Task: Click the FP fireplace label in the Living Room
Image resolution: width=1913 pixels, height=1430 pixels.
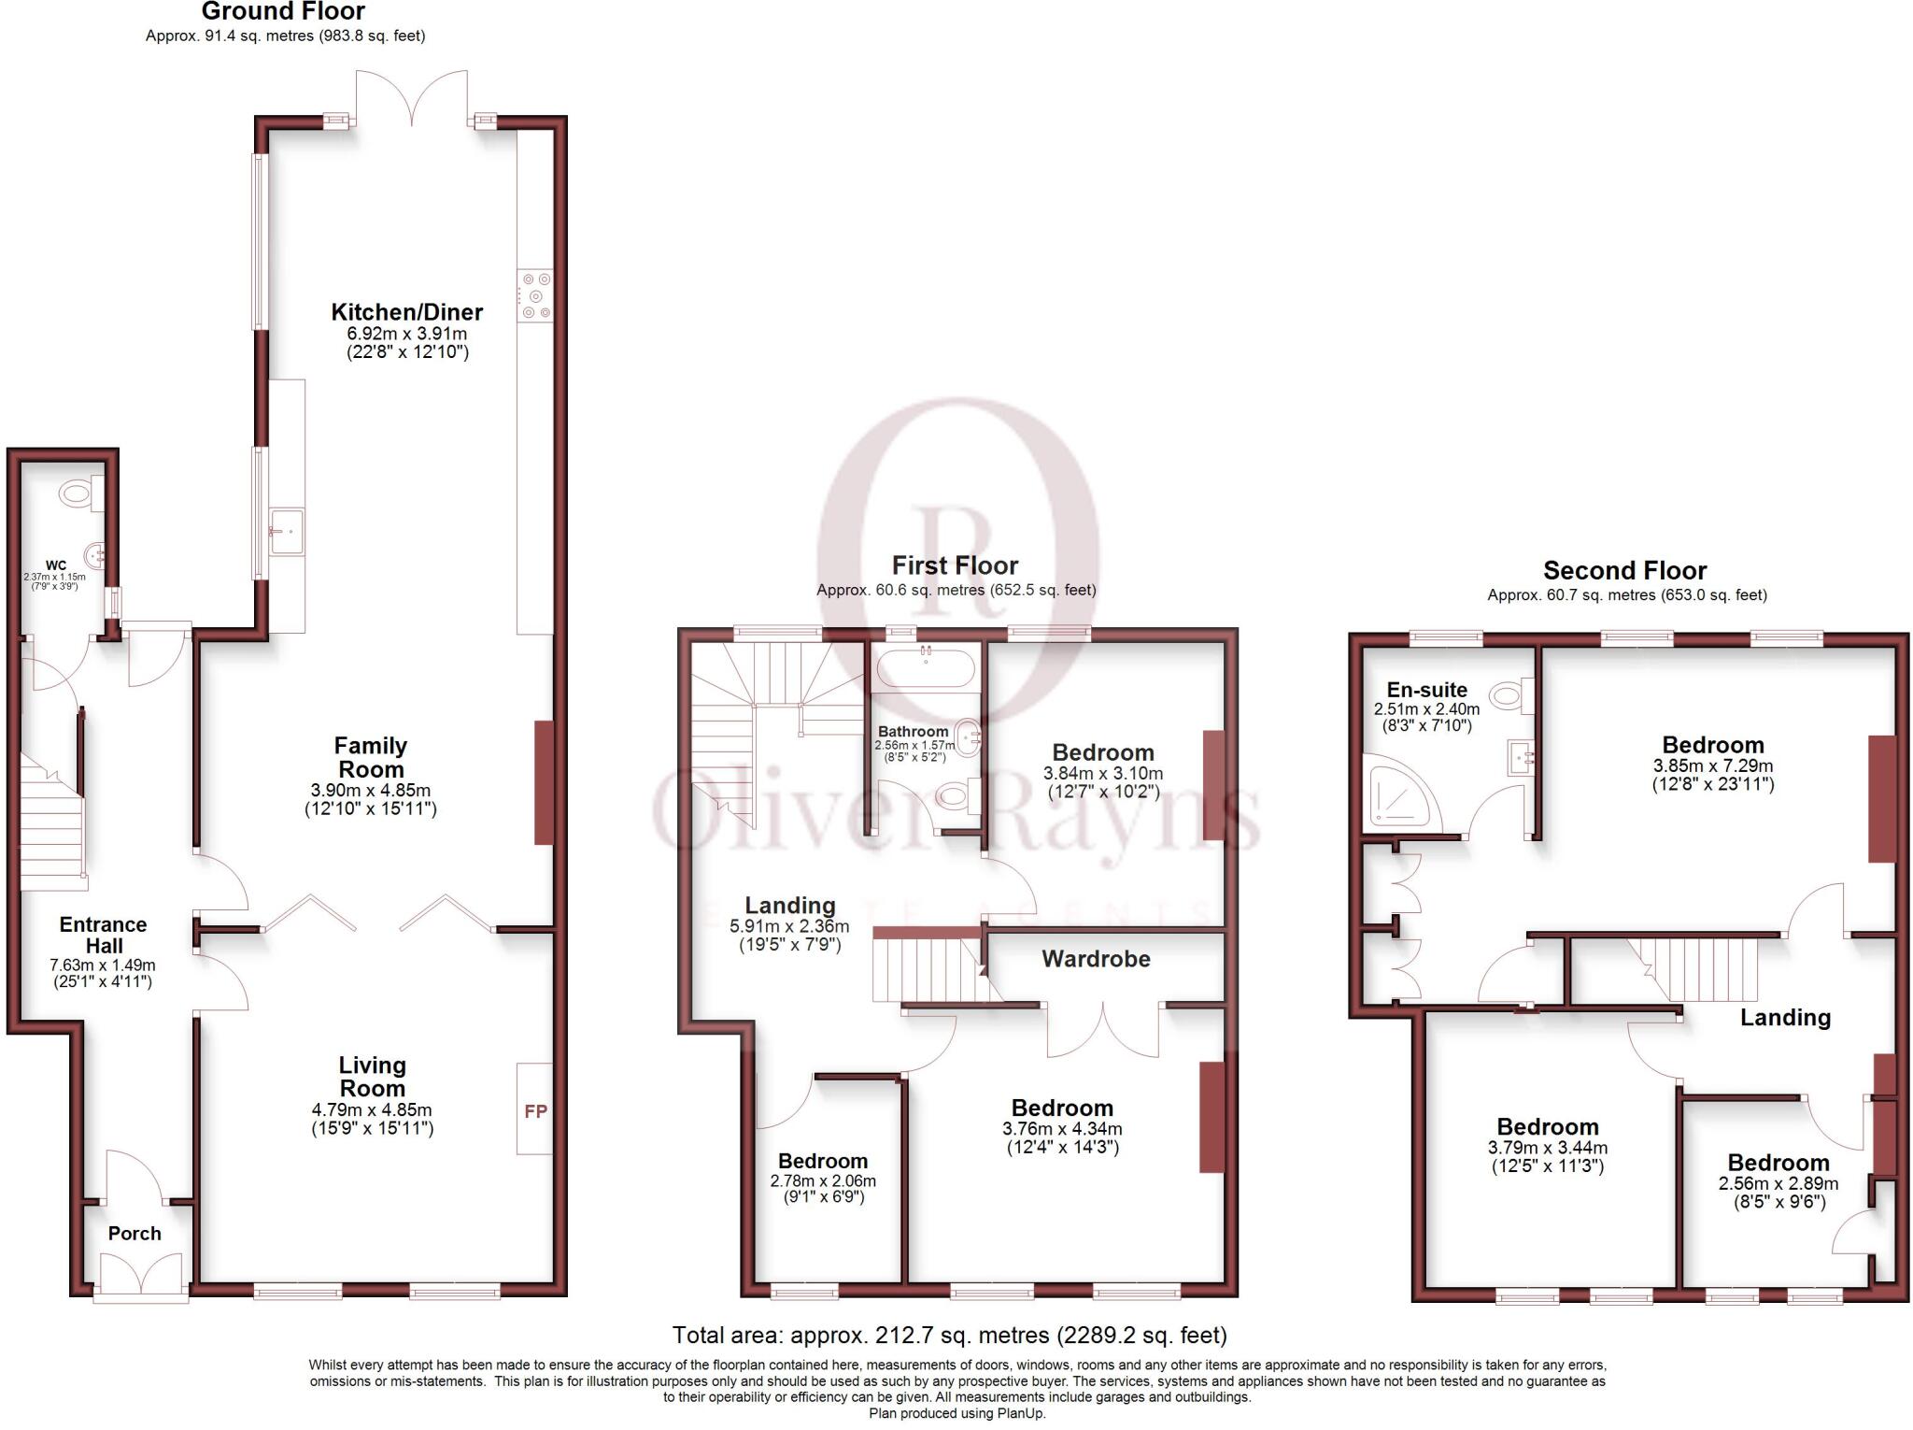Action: click(x=535, y=1111)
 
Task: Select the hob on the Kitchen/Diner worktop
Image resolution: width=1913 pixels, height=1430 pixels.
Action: click(x=535, y=295)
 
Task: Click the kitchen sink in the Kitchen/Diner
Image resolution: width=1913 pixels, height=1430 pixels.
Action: click(x=286, y=532)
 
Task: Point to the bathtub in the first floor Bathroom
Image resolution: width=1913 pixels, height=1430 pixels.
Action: click(x=926, y=669)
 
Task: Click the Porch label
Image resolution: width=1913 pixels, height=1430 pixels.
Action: click(x=135, y=1233)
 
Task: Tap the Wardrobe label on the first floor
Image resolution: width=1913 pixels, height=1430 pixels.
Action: click(x=1096, y=959)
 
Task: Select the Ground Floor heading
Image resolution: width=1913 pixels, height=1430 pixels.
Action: click(x=283, y=11)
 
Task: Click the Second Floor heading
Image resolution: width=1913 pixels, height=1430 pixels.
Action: click(x=1624, y=570)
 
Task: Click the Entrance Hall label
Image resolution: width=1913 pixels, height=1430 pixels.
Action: click(x=104, y=935)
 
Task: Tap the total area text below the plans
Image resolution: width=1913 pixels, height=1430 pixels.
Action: click(x=949, y=1335)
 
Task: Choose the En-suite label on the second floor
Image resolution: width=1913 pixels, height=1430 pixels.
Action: click(x=1426, y=690)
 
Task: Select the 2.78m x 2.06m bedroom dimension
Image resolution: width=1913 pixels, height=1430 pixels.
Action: click(x=823, y=1180)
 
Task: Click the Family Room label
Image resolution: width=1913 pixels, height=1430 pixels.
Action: click(x=371, y=757)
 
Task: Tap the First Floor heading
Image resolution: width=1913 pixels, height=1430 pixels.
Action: click(x=955, y=565)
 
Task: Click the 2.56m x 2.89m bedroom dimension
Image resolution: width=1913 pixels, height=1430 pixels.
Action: click(x=1778, y=1183)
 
